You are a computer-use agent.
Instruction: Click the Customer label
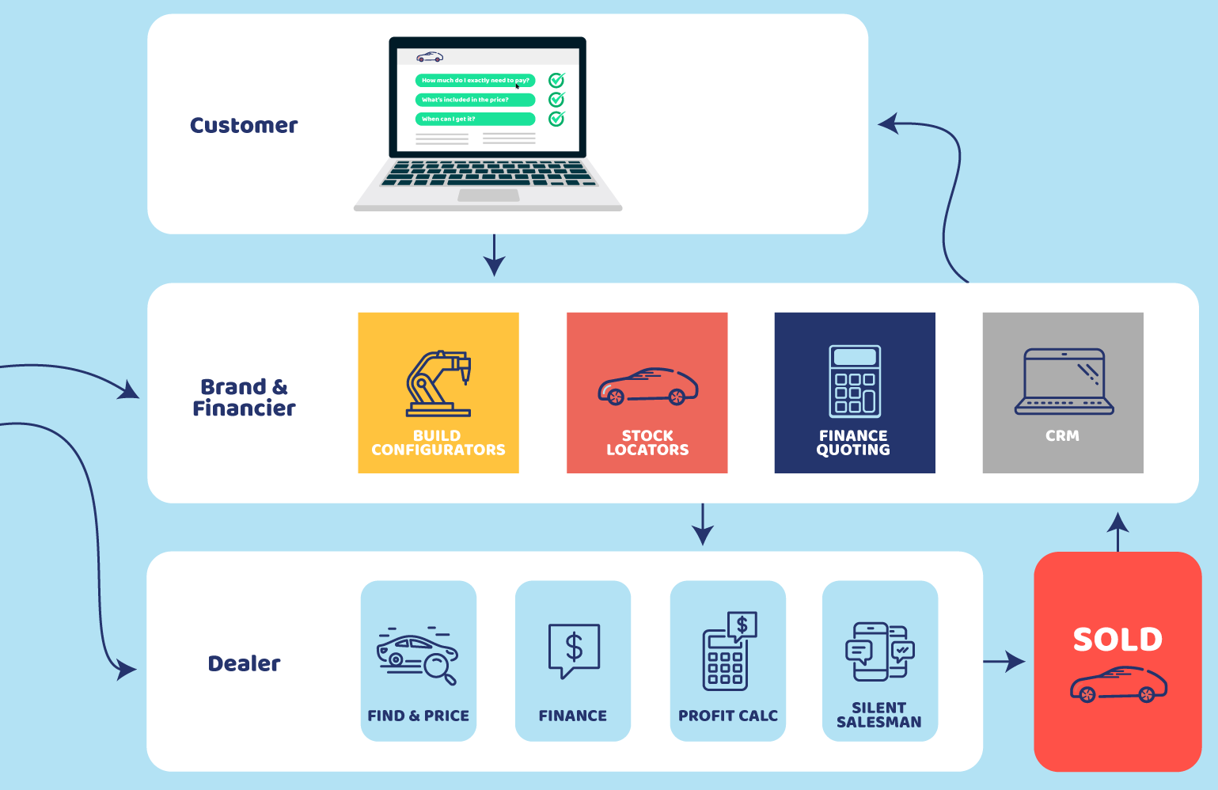(x=244, y=126)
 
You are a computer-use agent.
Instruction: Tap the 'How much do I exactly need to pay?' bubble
(x=475, y=81)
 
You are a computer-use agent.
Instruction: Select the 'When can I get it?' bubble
(x=475, y=119)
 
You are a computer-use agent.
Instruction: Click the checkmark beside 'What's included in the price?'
(x=557, y=100)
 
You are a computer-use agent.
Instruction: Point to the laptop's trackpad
(x=488, y=196)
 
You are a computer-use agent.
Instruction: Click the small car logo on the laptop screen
(x=430, y=57)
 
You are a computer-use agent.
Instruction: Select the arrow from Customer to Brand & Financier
(x=494, y=256)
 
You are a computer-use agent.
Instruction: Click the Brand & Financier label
(x=244, y=397)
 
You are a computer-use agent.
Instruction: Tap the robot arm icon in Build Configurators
(x=438, y=383)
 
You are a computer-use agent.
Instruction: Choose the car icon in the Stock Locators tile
(x=647, y=386)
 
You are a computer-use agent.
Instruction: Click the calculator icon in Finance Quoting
(x=855, y=381)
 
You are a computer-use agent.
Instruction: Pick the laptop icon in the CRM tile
(x=1064, y=382)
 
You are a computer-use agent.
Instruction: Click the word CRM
(x=1063, y=436)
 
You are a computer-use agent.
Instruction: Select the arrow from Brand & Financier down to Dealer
(x=703, y=525)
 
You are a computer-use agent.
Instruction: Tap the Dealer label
(x=244, y=663)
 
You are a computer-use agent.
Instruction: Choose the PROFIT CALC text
(x=728, y=716)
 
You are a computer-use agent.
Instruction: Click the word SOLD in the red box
(x=1117, y=640)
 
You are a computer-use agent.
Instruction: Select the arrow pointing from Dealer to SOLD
(x=1004, y=662)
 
